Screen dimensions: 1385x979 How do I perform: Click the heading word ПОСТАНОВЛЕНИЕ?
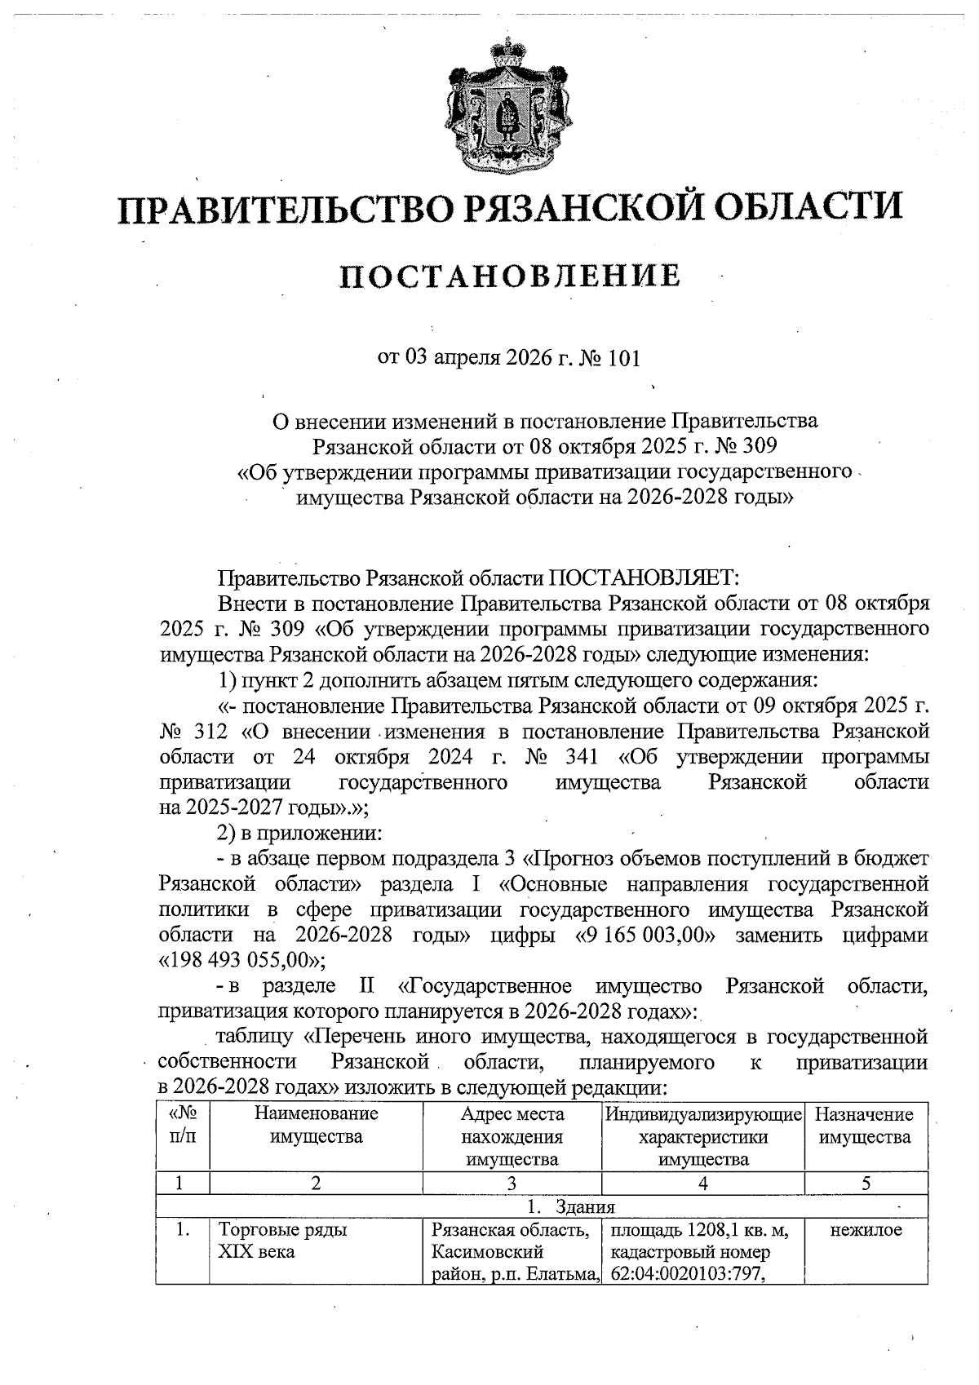click(x=510, y=277)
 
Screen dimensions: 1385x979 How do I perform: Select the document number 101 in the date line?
click(x=625, y=358)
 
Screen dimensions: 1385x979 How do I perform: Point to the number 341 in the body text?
click(x=582, y=756)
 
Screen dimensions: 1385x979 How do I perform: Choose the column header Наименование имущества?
click(x=317, y=1126)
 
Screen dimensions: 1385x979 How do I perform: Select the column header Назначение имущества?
click(x=865, y=1126)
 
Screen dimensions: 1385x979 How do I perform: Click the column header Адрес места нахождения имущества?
click(x=512, y=1137)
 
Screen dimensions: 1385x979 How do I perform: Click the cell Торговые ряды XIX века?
click(x=281, y=1241)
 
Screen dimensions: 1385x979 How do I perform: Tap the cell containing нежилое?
click(x=866, y=1231)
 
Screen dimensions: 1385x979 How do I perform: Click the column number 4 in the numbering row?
click(x=702, y=1184)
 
